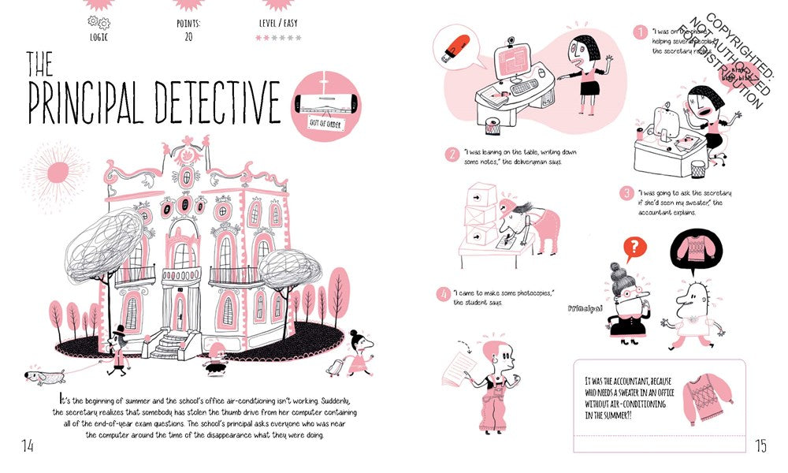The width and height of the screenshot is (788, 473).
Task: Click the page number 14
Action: tap(27, 446)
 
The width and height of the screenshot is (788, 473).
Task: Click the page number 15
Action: tap(760, 446)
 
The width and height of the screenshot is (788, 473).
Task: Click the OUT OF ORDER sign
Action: tap(325, 124)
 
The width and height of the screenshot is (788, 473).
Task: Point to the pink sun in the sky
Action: tap(58, 172)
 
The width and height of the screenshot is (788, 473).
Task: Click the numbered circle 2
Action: tap(452, 155)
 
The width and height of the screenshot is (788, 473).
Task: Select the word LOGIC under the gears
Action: tap(99, 35)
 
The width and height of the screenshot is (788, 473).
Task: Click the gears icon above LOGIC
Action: tap(99, 21)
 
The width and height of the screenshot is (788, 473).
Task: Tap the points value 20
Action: tap(189, 35)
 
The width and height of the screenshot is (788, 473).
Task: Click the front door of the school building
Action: tap(180, 311)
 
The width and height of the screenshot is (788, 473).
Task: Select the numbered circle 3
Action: tap(626, 193)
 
